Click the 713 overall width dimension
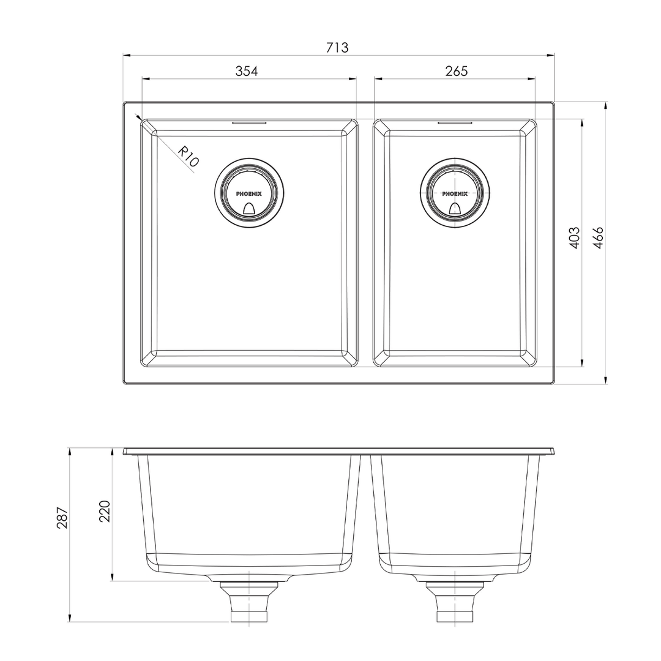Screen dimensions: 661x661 tap(337, 48)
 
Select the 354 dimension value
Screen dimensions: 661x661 tap(246, 71)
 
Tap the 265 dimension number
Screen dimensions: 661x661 tap(457, 71)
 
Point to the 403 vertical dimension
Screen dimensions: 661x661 tap(574, 237)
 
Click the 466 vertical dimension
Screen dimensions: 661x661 tap(598, 237)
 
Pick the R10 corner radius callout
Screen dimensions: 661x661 tap(188, 157)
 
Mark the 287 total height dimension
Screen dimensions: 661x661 tap(62, 517)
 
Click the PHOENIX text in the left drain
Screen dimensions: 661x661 tap(248, 194)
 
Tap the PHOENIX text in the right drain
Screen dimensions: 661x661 tap(455, 194)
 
